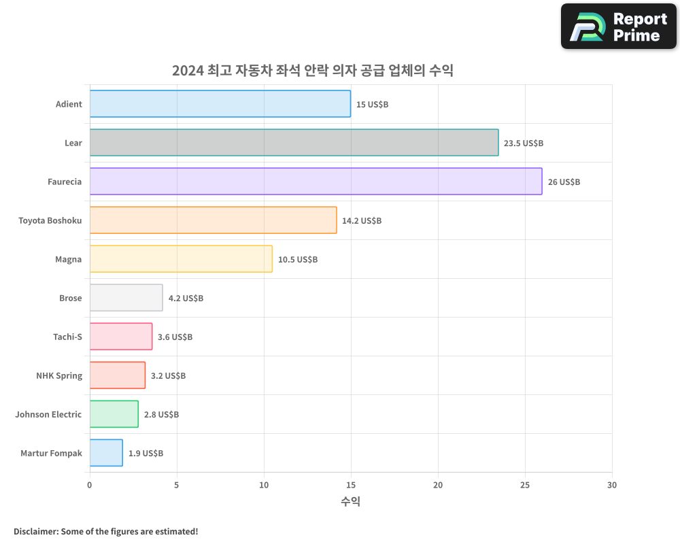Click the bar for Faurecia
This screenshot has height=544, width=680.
pyautogui.click(x=316, y=182)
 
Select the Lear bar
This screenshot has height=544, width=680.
pyautogui.click(x=294, y=143)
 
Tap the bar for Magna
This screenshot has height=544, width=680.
pyautogui.click(x=181, y=259)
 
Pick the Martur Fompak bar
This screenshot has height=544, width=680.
pyautogui.click(x=106, y=453)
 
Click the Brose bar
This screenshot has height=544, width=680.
pyautogui.click(x=126, y=298)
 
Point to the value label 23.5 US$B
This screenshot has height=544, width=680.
pyautogui.click(x=524, y=143)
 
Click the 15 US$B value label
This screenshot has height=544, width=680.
pyautogui.click(x=372, y=105)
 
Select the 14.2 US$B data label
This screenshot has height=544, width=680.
pyautogui.click(x=362, y=221)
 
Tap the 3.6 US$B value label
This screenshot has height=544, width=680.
pyautogui.click(x=175, y=337)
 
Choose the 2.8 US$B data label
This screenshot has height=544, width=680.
pyautogui.click(x=161, y=415)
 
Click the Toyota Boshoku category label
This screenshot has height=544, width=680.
pyautogui.click(x=50, y=220)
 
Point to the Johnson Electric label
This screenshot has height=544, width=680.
pyautogui.click(x=48, y=414)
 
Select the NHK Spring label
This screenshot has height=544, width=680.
pyautogui.click(x=59, y=375)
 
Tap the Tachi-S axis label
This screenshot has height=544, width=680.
pyautogui.click(x=67, y=337)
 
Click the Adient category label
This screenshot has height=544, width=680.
pyautogui.click(x=69, y=104)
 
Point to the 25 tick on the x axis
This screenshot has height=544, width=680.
pyautogui.click(x=525, y=485)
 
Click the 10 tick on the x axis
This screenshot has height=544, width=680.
pyautogui.click(x=264, y=485)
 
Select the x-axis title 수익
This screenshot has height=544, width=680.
pyautogui.click(x=350, y=502)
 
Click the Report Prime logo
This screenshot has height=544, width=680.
pyautogui.click(x=619, y=27)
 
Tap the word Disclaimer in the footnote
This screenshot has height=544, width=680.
pyautogui.click(x=35, y=531)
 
